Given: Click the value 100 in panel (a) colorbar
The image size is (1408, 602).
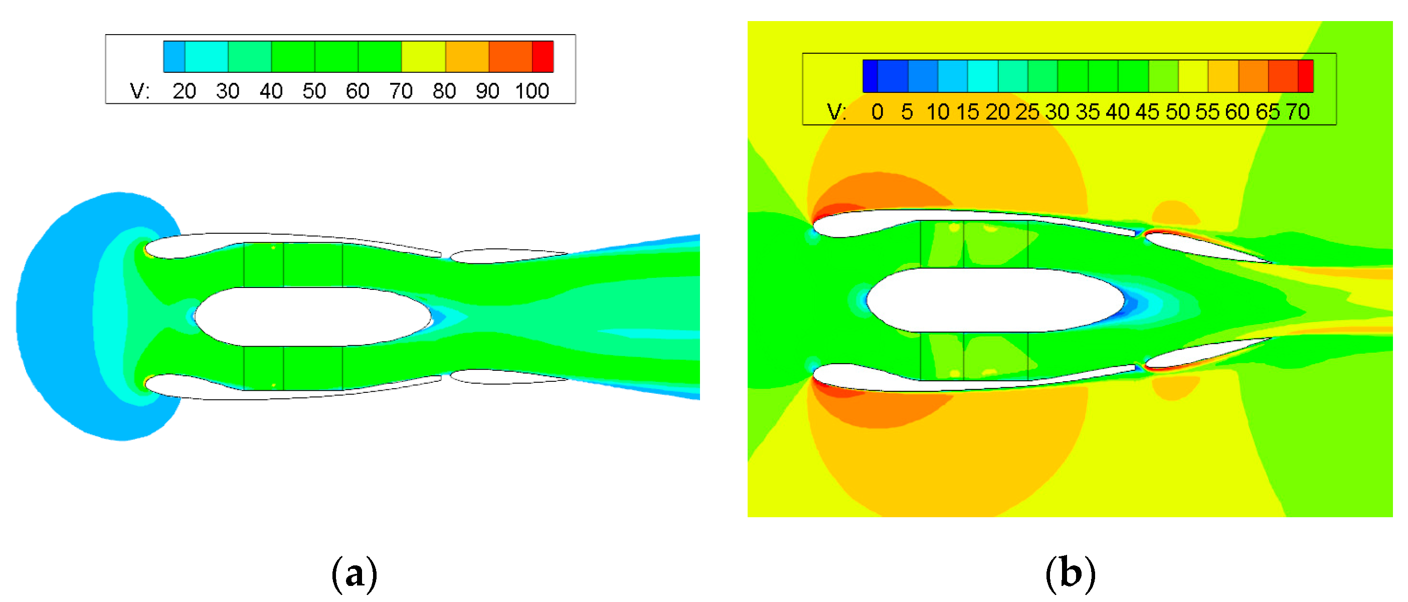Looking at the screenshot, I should coord(532,91).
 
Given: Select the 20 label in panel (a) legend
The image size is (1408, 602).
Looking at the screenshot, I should coord(184,91).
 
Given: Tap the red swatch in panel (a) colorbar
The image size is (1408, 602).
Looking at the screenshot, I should coord(543,56).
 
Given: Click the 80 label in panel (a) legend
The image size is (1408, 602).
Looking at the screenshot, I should coord(444,91).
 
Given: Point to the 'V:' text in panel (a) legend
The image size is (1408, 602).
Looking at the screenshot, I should coord(139,91).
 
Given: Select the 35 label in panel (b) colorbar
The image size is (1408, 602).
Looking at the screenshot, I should coord(1087,112).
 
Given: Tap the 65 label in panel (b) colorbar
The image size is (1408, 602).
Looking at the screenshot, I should coord(1267,112).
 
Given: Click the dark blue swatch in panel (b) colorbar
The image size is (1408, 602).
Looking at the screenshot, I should coord(870,76).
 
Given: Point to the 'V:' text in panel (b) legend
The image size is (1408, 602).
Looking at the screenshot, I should coord(836,112).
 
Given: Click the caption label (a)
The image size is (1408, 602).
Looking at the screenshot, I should coord(354,574).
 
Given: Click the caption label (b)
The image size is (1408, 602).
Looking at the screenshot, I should coord(1070,574).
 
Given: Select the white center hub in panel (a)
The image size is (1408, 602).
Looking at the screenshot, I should coord(311,317).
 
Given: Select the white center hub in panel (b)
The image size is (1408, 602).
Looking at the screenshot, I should coord(995,299).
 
